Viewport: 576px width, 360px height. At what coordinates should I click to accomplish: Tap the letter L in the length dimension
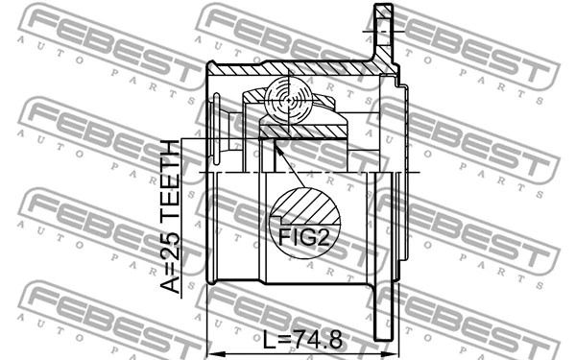(x=269, y=340)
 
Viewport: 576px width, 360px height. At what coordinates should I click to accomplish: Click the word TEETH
(x=171, y=183)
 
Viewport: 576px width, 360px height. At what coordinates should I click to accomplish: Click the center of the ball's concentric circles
(x=289, y=100)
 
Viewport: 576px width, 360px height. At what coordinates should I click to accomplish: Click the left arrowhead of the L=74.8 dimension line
(x=214, y=353)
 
